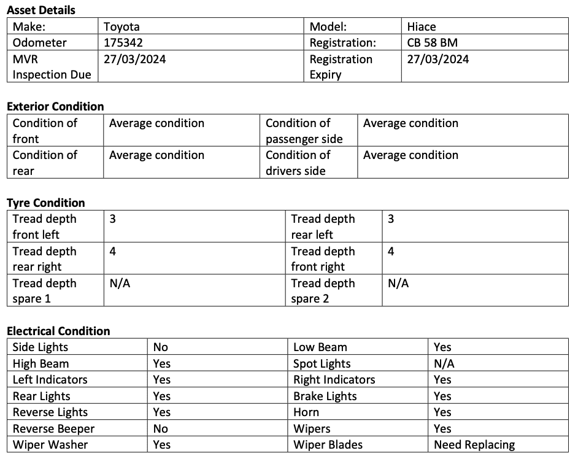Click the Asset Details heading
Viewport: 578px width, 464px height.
click(41, 10)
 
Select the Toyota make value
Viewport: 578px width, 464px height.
click(121, 26)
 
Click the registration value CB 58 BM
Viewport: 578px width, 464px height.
click(432, 42)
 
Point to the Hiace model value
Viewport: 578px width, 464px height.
click(422, 26)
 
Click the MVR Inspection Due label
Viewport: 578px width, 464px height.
click(52, 67)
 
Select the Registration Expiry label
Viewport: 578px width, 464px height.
click(341, 67)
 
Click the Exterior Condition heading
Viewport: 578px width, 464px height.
click(55, 106)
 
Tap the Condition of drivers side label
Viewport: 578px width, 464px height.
click(298, 163)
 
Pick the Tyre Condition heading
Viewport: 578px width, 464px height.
click(46, 203)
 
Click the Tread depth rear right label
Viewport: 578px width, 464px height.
click(44, 259)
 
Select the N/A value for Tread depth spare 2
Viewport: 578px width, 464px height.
click(398, 283)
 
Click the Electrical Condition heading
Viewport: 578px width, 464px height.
click(58, 331)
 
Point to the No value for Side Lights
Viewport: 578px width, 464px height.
click(160, 347)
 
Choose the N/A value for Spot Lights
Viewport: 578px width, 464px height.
click(443, 363)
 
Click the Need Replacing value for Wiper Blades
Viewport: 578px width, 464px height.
click(474, 444)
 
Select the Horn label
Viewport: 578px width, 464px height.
click(306, 412)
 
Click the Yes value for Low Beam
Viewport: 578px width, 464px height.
click(442, 347)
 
